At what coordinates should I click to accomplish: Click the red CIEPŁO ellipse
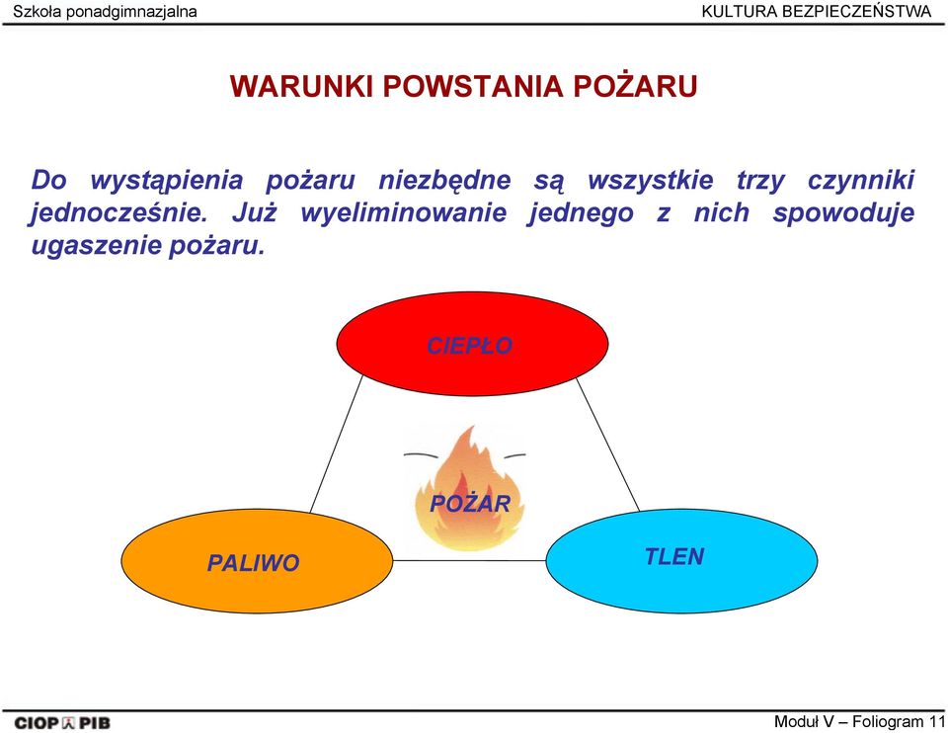tap(472, 344)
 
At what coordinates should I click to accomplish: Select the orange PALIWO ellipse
tap(257, 561)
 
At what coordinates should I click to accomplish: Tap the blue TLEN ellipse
tap(682, 561)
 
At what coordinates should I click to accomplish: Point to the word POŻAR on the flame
tap(470, 503)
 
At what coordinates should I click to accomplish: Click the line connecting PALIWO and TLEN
tap(470, 561)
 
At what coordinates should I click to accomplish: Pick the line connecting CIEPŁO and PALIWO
tap(337, 444)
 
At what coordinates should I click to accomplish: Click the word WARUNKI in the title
tap(301, 86)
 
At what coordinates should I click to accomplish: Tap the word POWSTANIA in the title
tap(473, 86)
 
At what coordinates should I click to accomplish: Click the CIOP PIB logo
tap(62, 723)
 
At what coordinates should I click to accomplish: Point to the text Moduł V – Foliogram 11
tap(859, 721)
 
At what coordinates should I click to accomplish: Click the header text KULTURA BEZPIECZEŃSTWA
tap(817, 11)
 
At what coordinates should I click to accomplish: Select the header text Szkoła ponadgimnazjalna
tap(105, 12)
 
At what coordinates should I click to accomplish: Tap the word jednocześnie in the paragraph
tap(118, 212)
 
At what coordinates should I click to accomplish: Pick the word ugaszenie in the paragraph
tap(96, 247)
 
